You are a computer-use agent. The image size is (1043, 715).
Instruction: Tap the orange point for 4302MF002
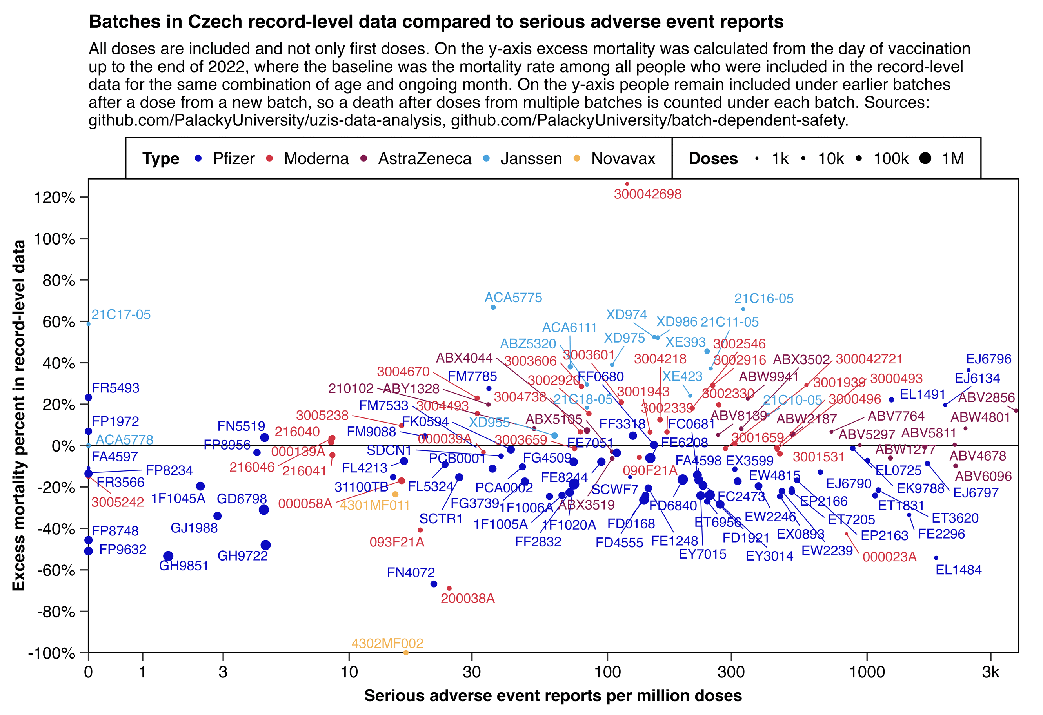(406, 653)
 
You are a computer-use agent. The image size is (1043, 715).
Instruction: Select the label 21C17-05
(121, 314)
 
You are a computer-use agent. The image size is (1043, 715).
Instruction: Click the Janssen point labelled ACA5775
(493, 307)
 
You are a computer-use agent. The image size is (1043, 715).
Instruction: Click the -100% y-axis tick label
(51, 653)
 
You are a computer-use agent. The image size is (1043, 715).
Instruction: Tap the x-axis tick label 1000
(867, 672)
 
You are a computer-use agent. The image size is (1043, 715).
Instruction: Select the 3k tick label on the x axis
(990, 672)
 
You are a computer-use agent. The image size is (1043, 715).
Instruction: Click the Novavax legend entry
(623, 158)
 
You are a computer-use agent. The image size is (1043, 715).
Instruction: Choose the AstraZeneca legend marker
(364, 158)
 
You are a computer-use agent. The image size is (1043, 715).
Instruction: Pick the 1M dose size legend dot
(925, 158)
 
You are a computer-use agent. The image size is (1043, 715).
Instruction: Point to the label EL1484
(959, 570)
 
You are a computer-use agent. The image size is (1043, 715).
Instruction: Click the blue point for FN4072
(434, 584)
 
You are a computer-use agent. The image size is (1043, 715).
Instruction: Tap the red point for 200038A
(449, 588)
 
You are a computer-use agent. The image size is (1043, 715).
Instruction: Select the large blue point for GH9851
(168, 556)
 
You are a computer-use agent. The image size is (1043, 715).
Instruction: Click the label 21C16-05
(763, 298)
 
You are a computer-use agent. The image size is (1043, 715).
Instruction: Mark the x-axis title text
(553, 696)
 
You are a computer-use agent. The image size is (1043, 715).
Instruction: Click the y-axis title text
(19, 416)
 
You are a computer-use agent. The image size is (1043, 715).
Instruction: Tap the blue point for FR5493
(88, 397)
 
